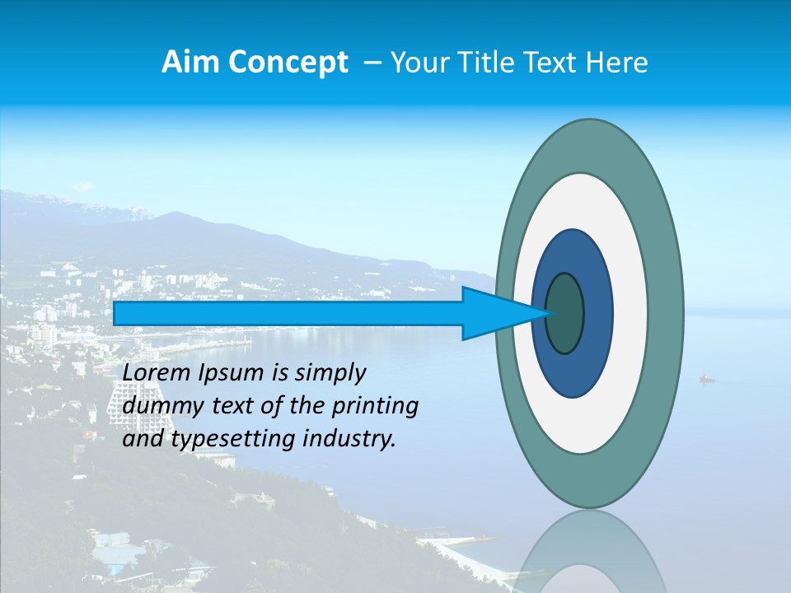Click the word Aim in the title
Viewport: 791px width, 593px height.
point(181,63)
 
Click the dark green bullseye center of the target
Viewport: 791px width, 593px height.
point(565,314)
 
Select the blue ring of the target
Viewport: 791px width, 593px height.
point(597,314)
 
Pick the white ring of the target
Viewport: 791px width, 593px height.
point(630,314)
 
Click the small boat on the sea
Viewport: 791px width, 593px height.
point(706,379)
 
